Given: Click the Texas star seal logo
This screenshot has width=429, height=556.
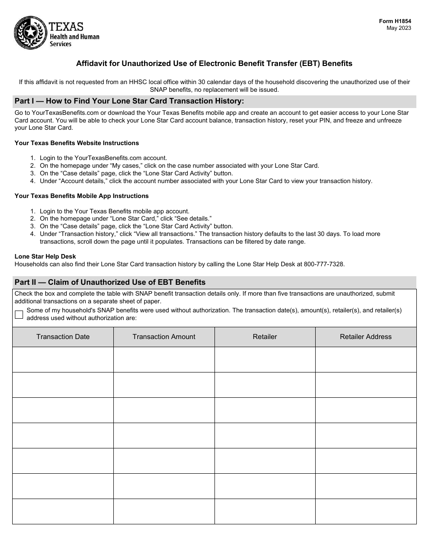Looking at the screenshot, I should coord(30,33).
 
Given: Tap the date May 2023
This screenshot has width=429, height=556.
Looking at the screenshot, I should coord(399,28).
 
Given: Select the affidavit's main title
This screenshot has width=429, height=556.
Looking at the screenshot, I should coord(214,64).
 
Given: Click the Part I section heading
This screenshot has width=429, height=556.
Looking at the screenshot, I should coord(129,101).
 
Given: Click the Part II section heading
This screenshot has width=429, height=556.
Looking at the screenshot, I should coord(110,282).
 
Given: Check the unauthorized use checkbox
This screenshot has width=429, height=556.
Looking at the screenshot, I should coord(19,315).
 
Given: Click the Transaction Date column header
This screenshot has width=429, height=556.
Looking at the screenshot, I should coord(63,337).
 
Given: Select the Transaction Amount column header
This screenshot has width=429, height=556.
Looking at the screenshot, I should coord(164,337).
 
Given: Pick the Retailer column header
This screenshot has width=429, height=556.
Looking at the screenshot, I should coord(265,337).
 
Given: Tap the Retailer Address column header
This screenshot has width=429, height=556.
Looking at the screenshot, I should coord(366,337).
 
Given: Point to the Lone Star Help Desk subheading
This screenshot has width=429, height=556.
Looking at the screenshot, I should coord(45,257).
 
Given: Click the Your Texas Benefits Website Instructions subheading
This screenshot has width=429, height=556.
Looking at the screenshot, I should coord(77,143).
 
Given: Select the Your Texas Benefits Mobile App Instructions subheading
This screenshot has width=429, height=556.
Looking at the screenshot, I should coord(81,196).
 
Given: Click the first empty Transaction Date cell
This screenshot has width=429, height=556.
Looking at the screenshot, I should coord(63,359).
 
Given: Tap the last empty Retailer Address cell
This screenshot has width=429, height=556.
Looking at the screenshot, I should coord(366,511).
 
